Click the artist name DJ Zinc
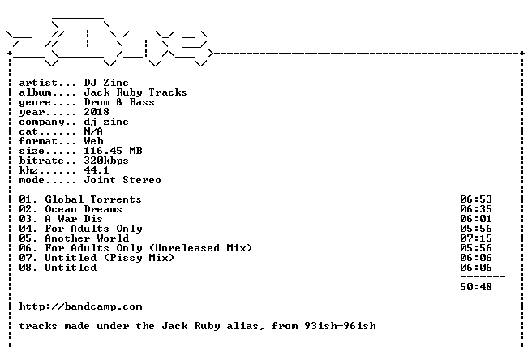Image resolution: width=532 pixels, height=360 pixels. (x=106, y=83)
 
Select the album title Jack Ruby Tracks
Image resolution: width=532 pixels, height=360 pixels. (x=135, y=92)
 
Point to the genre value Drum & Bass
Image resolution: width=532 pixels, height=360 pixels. (x=119, y=102)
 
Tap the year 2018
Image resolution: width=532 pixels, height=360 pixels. (x=97, y=112)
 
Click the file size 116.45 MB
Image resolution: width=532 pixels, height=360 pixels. (x=113, y=151)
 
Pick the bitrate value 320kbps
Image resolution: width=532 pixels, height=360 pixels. (x=106, y=161)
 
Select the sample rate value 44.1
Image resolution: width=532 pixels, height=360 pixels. (x=97, y=170)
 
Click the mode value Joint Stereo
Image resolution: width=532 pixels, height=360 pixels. (x=122, y=180)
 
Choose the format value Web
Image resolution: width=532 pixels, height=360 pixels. (x=93, y=141)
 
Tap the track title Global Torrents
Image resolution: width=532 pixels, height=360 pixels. (x=93, y=199)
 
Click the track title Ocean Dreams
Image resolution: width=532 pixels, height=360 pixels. (x=84, y=209)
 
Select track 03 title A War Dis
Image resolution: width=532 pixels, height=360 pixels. (x=74, y=219)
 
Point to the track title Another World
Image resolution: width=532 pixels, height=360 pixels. (x=87, y=238)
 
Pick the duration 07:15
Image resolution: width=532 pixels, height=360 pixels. (x=476, y=238)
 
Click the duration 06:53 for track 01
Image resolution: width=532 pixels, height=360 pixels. (x=476, y=199)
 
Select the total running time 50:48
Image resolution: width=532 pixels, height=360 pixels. (x=476, y=287)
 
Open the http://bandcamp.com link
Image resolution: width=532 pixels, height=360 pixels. (x=81, y=306)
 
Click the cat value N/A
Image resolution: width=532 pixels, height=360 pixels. (x=93, y=131)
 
